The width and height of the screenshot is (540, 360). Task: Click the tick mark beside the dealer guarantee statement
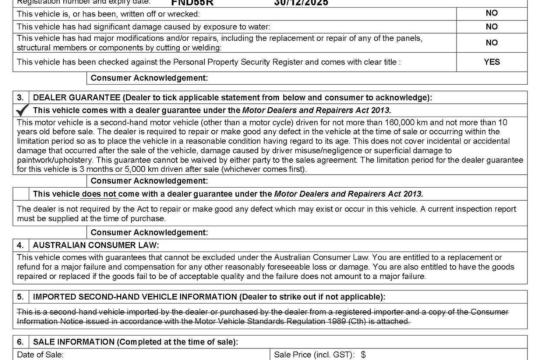22,110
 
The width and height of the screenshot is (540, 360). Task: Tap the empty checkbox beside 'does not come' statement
21,194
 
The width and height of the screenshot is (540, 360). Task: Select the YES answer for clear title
492,62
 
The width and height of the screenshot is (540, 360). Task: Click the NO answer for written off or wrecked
492,13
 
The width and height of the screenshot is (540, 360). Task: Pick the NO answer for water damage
492,27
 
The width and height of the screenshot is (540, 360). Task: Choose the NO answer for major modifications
492,42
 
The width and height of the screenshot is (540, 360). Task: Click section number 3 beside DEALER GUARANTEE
21,98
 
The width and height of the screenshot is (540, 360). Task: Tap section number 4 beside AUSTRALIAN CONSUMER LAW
21,246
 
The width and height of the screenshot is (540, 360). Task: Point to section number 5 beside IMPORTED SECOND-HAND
21,297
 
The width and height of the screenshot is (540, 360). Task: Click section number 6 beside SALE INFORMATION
21,342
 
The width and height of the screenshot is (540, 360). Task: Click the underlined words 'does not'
99,194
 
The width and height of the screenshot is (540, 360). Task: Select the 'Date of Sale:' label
40,355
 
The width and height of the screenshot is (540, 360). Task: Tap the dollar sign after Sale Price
363,355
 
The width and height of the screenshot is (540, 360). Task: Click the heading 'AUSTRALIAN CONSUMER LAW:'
96,246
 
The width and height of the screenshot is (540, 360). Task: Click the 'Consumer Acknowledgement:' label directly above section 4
149,233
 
